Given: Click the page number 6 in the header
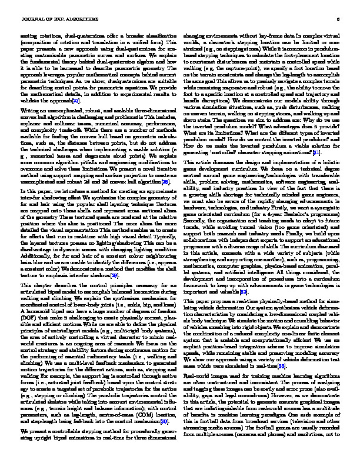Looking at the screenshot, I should point(339,19).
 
